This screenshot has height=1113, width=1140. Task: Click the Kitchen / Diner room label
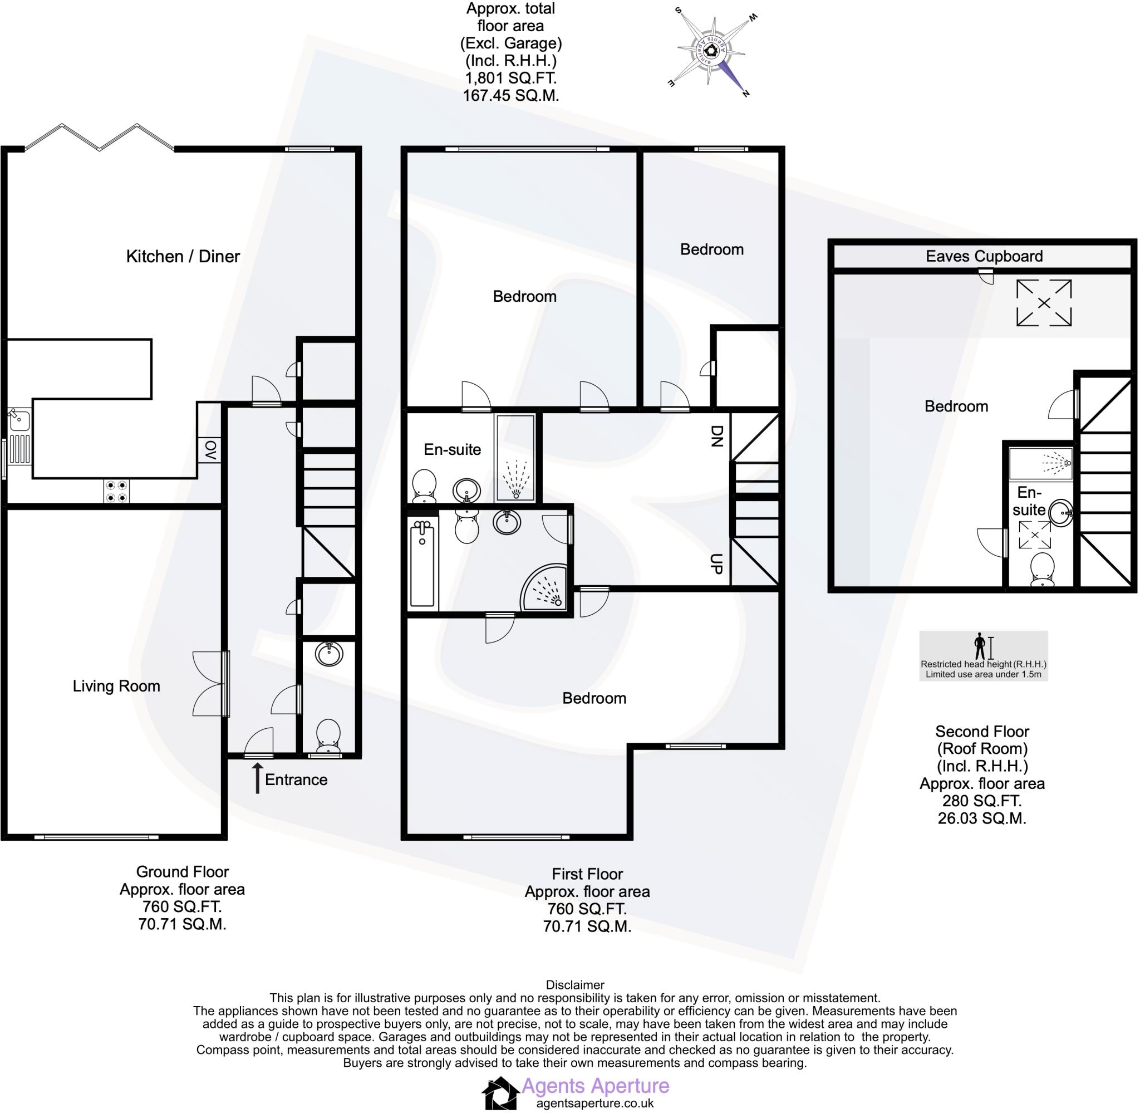[183, 256]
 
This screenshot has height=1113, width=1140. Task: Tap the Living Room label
[116, 686]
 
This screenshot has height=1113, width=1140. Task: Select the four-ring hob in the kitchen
[116, 491]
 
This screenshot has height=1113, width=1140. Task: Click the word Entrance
[296, 779]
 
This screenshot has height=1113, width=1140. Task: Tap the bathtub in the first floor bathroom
[422, 565]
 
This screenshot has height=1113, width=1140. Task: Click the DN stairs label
[716, 435]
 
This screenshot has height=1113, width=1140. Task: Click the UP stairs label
[716, 563]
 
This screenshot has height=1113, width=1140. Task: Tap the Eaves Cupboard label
[984, 256]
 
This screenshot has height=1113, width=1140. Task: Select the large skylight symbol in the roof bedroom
[1044, 303]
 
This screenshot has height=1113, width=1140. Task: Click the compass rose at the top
[712, 51]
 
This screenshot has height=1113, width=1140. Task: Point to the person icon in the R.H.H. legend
[980, 646]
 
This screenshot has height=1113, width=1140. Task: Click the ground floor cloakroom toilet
[328, 736]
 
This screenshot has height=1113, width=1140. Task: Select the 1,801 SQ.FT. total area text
[510, 78]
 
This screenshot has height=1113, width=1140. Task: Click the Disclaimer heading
[575, 984]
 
